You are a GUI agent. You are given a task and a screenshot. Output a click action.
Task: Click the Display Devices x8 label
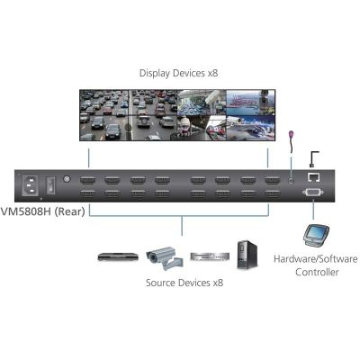pyautogui.click(x=179, y=73)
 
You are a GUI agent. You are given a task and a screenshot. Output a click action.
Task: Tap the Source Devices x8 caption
pyautogui.click(x=184, y=283)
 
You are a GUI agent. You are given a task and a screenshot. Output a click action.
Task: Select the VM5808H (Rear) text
pyautogui.click(x=42, y=211)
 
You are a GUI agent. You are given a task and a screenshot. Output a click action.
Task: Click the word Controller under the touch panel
pyautogui.click(x=317, y=272)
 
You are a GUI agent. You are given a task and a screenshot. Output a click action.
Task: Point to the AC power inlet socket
pyautogui.click(x=31, y=184)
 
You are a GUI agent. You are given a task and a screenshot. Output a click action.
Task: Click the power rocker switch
pyautogui.click(x=51, y=185)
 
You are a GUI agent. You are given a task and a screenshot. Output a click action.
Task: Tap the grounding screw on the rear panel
pyautogui.click(x=67, y=179)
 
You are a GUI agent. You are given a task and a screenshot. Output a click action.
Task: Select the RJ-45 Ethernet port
pyautogui.click(x=313, y=177)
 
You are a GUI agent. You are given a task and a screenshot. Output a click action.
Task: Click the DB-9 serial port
pyautogui.click(x=313, y=192)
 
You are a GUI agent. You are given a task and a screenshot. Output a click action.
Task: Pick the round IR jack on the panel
pyautogui.click(x=291, y=181)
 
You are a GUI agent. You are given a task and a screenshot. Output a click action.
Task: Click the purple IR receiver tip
pyautogui.click(x=291, y=135)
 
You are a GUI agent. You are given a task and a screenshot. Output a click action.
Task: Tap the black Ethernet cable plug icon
pyautogui.click(x=313, y=159)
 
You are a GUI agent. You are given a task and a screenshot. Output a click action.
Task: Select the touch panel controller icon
pyautogui.click(x=315, y=235)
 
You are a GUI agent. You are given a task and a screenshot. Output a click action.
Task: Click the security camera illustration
pyautogui.click(x=165, y=257)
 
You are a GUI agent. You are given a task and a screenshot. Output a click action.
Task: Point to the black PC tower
pyautogui.click(x=247, y=255)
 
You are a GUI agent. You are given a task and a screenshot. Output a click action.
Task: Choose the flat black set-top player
pyautogui.click(x=118, y=256)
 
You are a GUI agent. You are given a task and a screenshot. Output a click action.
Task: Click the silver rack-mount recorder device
pyautogui.click(x=210, y=256)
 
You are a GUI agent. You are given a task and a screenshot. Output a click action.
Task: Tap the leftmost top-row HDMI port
pyautogui.click(x=88, y=181)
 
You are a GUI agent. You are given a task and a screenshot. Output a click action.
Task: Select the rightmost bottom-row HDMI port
pyautogui.click(x=273, y=193)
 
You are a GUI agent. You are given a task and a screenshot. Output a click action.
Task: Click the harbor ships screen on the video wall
pyautogui.click(x=250, y=103)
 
